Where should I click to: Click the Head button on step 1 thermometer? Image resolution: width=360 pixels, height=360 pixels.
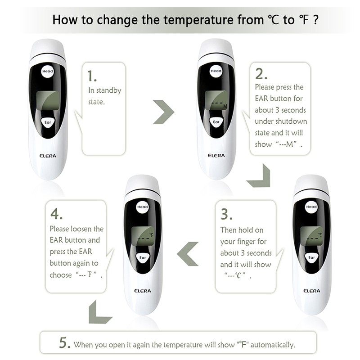coord(48,71)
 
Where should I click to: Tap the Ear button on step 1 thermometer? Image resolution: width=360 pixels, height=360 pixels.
coord(48,122)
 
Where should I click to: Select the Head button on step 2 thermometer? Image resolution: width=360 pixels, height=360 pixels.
coord(216,71)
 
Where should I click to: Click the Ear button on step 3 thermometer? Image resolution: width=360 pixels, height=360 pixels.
coord(311,258)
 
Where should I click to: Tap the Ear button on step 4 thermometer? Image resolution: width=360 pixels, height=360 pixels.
coord(143,258)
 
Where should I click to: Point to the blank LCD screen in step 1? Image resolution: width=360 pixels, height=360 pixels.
coord(48,100)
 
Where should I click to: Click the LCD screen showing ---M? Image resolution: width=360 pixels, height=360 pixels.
coord(216,100)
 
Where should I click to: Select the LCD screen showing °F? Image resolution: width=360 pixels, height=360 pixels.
coord(143,236)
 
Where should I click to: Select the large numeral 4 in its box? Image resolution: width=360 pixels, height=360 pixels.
coord(56,214)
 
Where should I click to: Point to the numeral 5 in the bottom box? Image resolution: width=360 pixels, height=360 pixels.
coord(64,343)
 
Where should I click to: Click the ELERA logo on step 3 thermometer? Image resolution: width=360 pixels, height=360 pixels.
coord(311,291)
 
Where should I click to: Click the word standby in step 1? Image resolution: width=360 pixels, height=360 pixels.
coord(108,90)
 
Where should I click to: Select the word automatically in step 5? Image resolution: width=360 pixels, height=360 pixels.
coord(273,345)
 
